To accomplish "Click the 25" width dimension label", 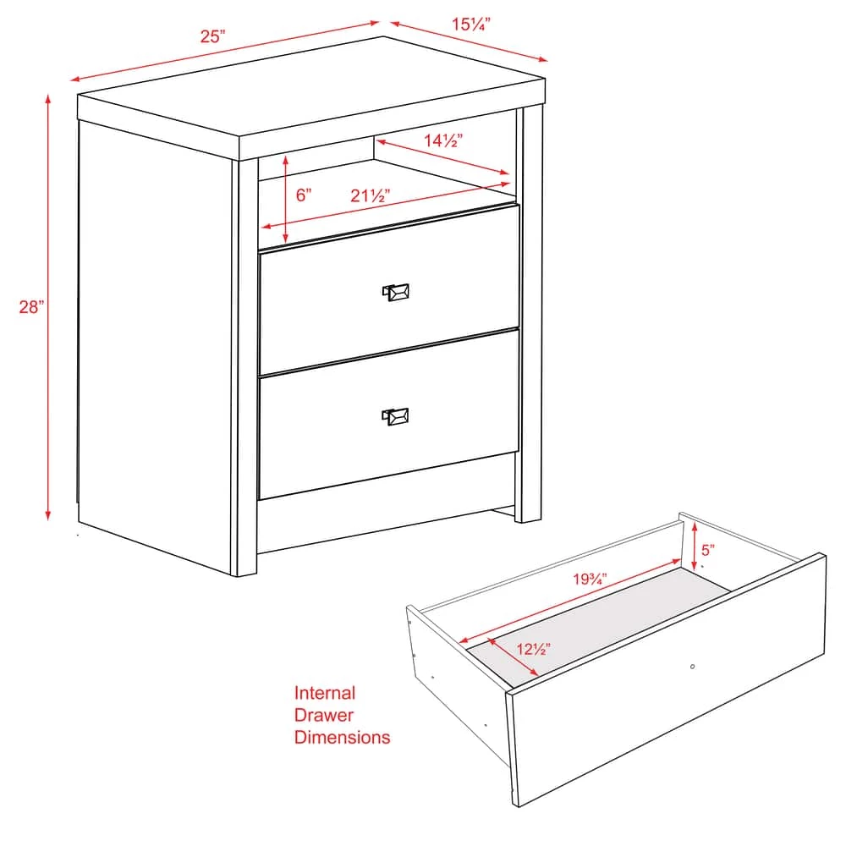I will tap(213, 36).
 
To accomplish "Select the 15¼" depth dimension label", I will tap(471, 25).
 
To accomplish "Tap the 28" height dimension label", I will tap(31, 307).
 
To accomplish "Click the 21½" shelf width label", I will tap(370, 195).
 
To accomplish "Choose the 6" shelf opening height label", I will tap(304, 195).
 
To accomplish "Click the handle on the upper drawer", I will tap(396, 292).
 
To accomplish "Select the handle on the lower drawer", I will tap(395, 415).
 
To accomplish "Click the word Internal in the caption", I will tap(325, 693).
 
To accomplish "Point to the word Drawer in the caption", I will tap(324, 715).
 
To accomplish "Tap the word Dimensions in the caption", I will tap(342, 737).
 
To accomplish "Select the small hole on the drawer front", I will tap(693, 667).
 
